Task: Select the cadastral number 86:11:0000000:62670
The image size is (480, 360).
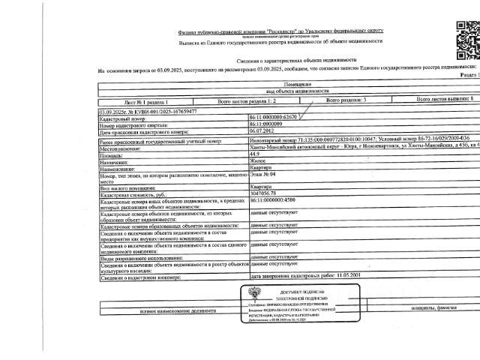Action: coord(273,118)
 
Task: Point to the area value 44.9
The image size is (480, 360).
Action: coord(256,154)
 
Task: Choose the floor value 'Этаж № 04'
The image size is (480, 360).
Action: coord(264,174)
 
